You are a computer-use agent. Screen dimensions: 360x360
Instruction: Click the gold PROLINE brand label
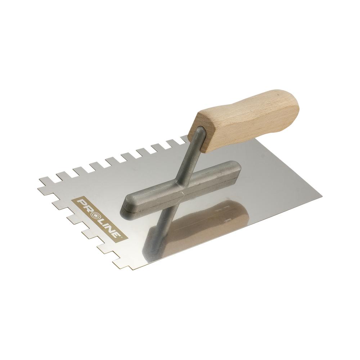click(x=100, y=218)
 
